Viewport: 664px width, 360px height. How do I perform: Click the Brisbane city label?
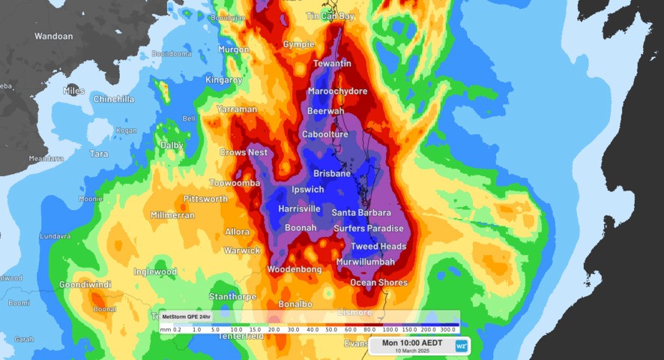coord(332,173)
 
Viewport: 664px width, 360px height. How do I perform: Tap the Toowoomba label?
coord(235,183)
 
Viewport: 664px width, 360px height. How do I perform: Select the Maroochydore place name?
coord(338,91)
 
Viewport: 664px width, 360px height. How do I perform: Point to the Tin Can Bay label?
coord(331,16)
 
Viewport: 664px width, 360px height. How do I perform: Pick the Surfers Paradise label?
coord(369,229)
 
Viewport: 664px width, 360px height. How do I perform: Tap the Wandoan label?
coord(54,36)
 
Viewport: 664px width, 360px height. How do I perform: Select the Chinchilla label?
coord(114,99)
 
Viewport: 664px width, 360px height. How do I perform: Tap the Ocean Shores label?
coord(379,283)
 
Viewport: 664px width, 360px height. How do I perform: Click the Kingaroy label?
coord(224,79)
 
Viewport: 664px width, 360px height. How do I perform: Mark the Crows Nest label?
coord(244,152)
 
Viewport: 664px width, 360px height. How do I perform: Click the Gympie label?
coord(298,44)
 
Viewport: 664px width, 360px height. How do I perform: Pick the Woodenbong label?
coord(295,269)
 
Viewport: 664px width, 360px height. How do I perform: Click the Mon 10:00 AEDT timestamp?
coord(412,343)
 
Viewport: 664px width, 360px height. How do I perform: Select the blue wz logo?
coord(462,346)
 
